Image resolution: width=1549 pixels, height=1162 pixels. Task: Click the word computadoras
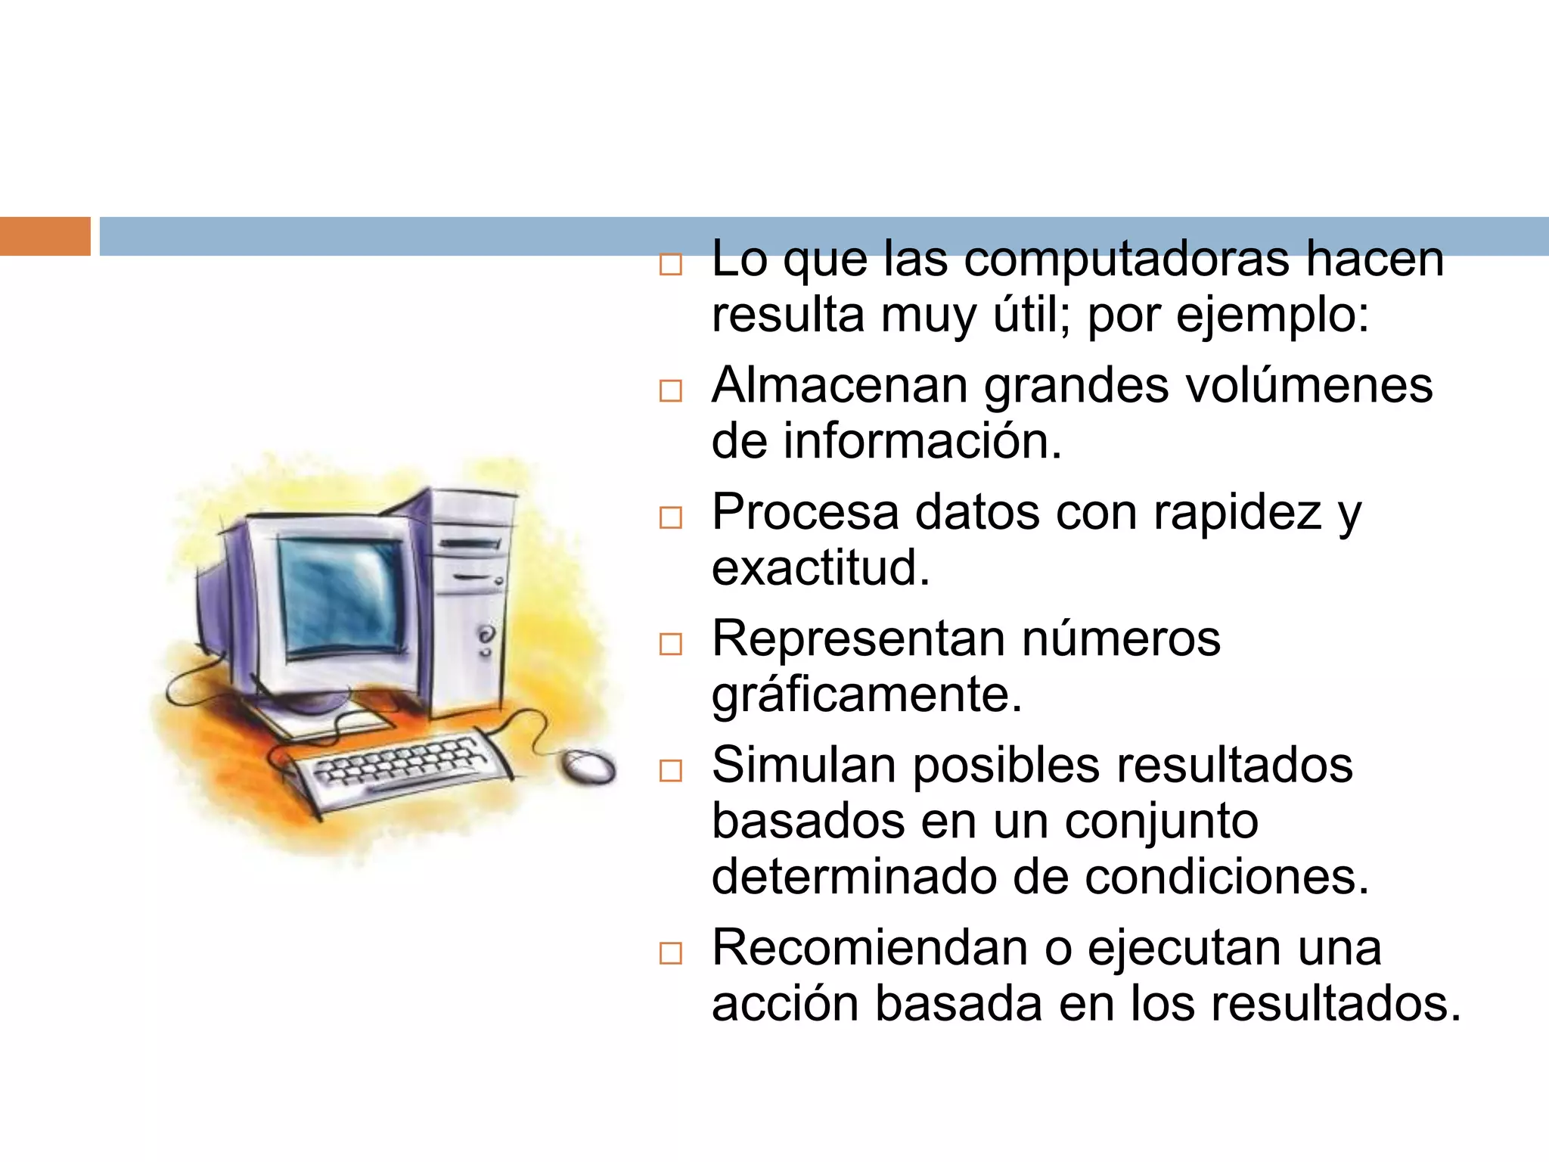[x=1126, y=260]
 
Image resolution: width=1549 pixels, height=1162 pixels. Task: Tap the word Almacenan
[x=840, y=385]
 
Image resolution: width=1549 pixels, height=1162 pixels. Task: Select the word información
[x=923, y=442]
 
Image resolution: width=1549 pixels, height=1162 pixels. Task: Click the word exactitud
[x=821, y=568]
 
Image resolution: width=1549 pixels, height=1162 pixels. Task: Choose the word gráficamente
[x=867, y=696]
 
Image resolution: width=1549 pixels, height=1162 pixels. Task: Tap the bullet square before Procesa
[x=671, y=518]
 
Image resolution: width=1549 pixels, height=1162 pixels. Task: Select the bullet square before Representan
[x=671, y=645]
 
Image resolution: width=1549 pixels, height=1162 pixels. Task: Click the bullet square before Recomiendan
[x=671, y=953]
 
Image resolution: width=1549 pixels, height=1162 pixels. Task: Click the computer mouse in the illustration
[x=588, y=767]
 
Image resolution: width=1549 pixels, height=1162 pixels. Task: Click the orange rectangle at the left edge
[x=45, y=236]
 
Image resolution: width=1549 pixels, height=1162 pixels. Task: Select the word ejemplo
[x=1271, y=315]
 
